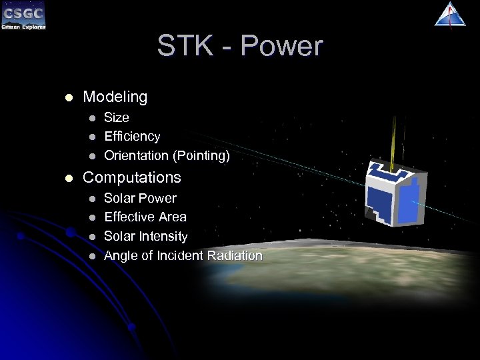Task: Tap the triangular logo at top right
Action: click(450, 14)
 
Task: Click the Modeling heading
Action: click(115, 97)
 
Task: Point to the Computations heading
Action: click(131, 177)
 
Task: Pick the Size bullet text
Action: click(117, 117)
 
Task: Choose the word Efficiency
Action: click(132, 137)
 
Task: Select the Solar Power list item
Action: click(140, 198)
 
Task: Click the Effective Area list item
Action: click(145, 217)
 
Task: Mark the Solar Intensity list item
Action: click(146, 237)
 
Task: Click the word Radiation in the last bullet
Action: click(235, 256)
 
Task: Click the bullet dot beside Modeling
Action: click(67, 98)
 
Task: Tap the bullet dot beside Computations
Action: click(67, 178)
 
